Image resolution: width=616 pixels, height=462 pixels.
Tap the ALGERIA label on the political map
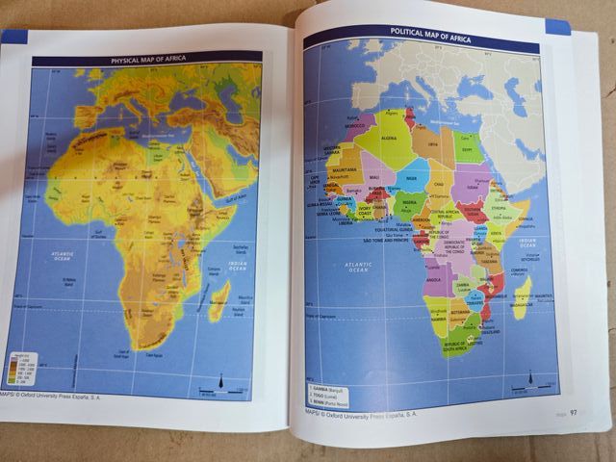tap(390, 138)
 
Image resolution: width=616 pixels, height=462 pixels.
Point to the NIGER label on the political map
tap(412, 178)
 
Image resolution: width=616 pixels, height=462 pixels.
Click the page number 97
tap(574, 413)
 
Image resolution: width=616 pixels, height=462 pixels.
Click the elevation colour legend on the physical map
tap(20, 371)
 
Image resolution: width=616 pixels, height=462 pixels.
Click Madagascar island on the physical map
tap(220, 298)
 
